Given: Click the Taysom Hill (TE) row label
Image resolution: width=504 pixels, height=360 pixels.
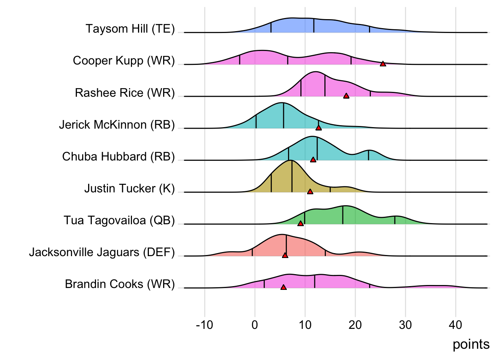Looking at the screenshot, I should [x=130, y=29].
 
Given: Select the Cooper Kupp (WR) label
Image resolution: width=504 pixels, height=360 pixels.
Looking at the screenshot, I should [x=124, y=61].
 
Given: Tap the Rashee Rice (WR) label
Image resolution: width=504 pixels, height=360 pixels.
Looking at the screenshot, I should [x=125, y=93].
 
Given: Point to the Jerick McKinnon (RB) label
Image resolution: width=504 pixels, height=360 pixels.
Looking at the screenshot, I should [x=117, y=124].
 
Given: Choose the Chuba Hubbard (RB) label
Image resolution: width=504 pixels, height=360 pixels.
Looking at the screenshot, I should [x=118, y=156].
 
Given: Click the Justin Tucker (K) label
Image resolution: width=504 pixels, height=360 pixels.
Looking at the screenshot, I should [x=129, y=188].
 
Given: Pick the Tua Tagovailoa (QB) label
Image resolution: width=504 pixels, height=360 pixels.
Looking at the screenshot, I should [x=119, y=220].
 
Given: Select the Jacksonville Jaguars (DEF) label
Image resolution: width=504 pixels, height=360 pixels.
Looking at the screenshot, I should [x=102, y=252].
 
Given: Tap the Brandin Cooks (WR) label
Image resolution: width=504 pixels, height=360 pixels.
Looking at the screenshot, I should [x=120, y=284].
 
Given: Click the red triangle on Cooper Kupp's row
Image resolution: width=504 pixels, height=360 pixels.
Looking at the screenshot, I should [x=383, y=64].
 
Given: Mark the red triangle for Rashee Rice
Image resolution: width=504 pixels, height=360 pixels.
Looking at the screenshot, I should [x=346, y=96].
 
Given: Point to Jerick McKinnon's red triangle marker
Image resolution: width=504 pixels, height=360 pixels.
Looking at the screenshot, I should [x=318, y=128].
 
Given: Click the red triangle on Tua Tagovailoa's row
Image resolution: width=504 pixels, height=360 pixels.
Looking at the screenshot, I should [x=300, y=223].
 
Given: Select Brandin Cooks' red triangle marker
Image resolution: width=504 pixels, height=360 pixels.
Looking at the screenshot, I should [x=283, y=287].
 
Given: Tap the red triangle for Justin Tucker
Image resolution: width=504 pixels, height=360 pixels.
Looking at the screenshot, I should [x=310, y=192].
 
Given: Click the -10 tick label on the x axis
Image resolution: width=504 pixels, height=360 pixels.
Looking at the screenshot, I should [x=204, y=325].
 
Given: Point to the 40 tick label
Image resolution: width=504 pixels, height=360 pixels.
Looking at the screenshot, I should [x=456, y=325].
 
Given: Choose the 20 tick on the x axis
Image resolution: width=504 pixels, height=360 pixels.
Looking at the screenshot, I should [x=355, y=325].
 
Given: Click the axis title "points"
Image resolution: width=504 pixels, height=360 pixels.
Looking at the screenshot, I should [x=471, y=344].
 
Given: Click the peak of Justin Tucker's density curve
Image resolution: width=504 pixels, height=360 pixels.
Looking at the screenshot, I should [x=291, y=160].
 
